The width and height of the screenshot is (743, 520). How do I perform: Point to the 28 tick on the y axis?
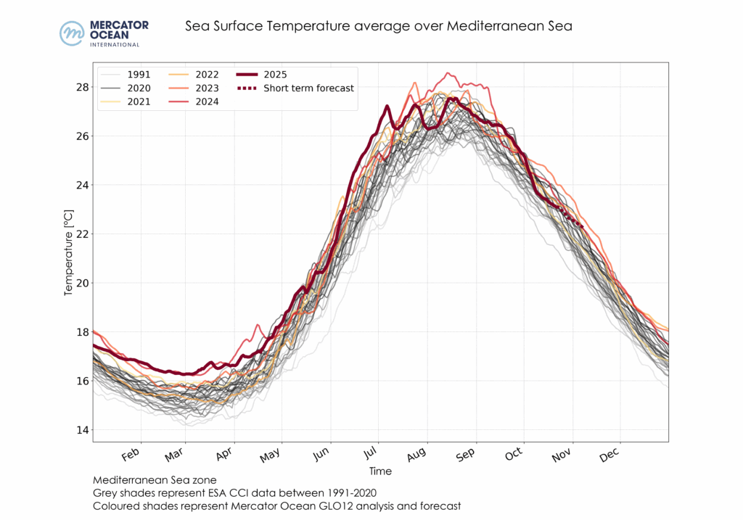pos(82,87)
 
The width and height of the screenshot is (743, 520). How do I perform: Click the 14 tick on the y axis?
pos(82,430)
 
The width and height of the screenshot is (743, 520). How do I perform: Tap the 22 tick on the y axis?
pos(82,234)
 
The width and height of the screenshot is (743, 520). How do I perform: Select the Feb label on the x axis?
pos(131,455)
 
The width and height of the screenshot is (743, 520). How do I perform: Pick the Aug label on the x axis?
pos(416,455)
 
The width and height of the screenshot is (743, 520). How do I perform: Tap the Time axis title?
pos(380,471)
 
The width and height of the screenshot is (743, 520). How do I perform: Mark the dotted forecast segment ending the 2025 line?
pos(574,220)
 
